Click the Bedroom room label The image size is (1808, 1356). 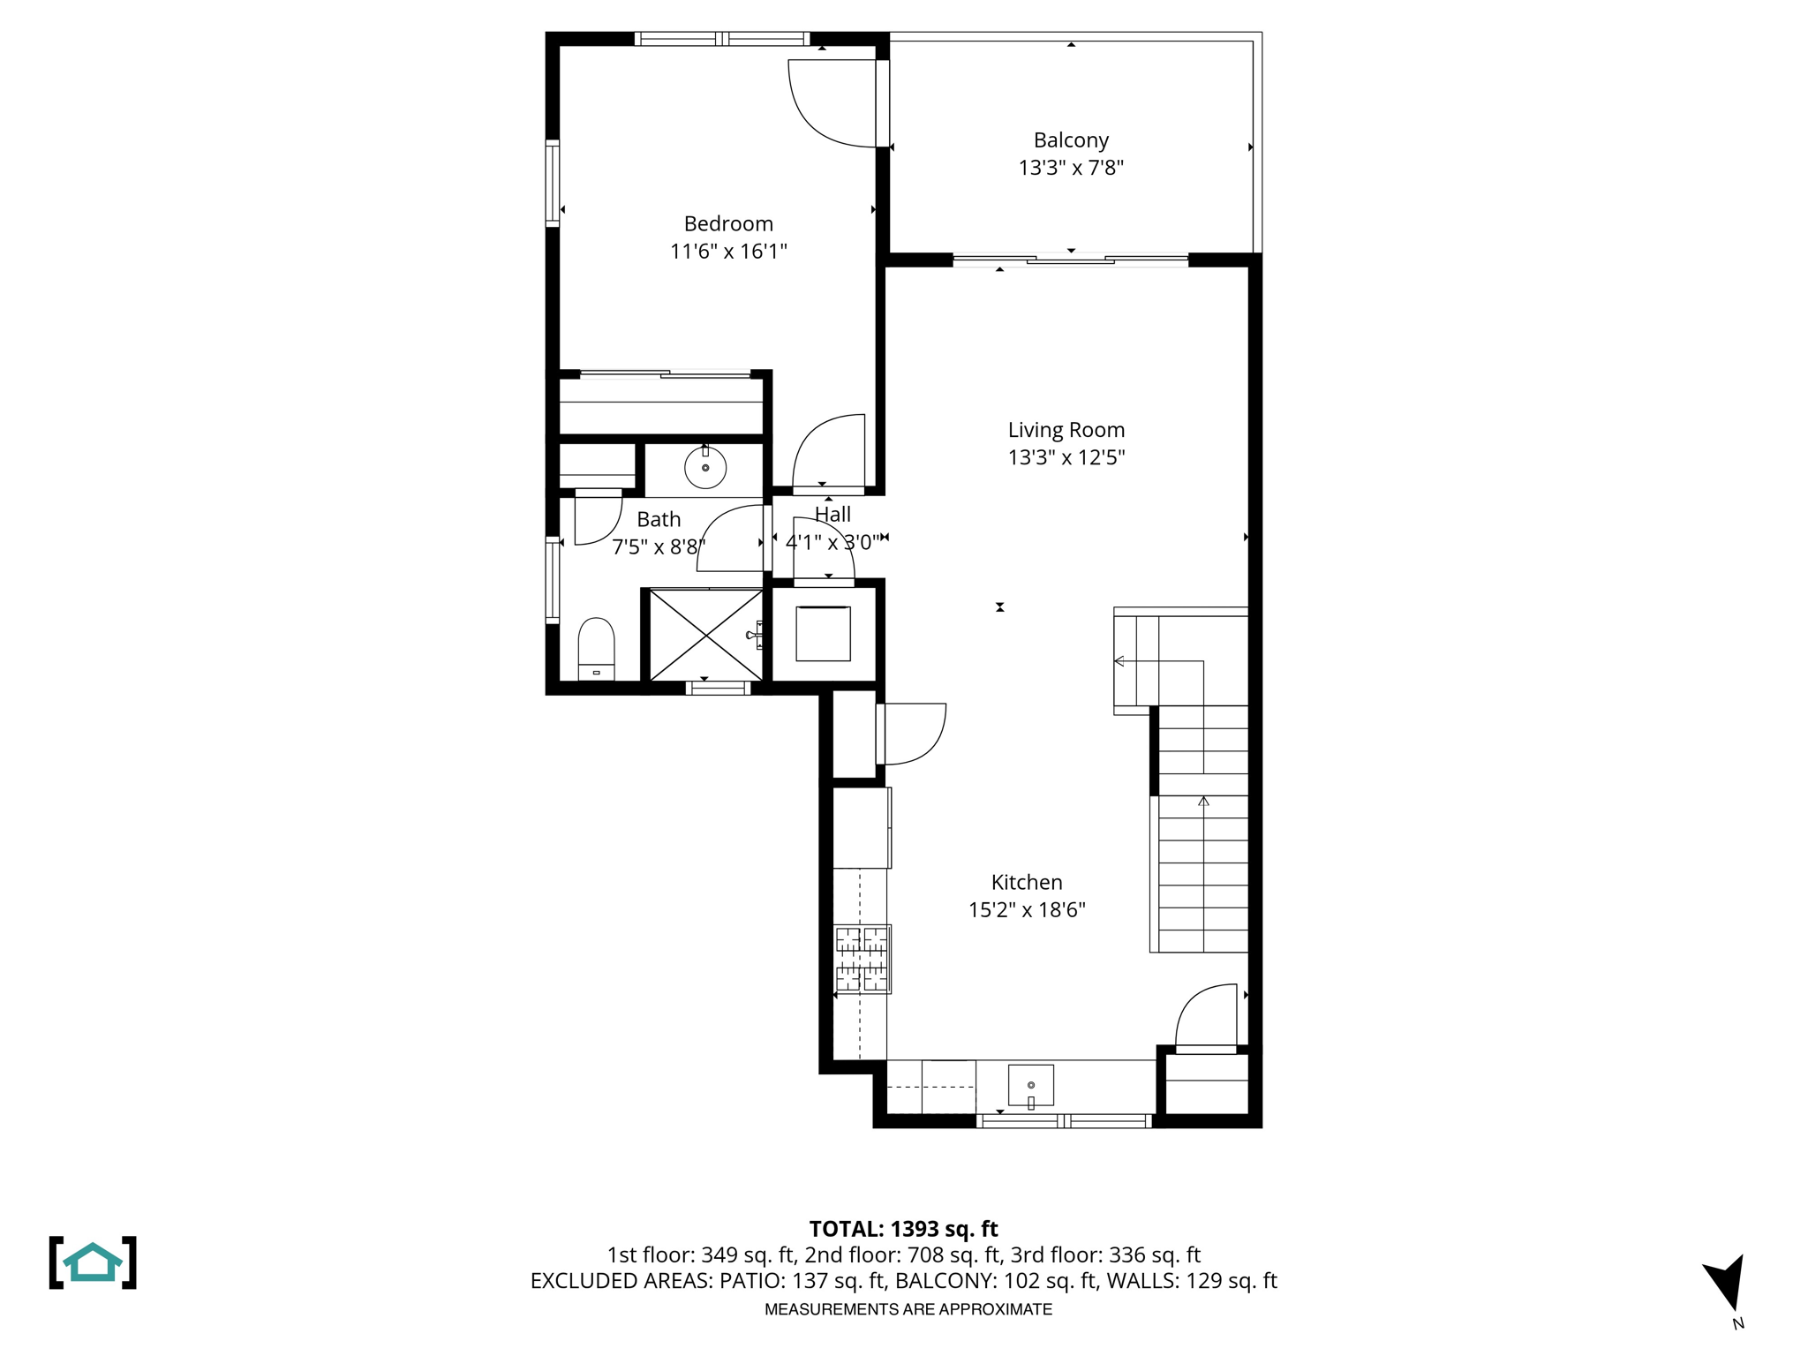pos(728,223)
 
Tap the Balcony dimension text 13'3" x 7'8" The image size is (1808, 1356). pos(1071,168)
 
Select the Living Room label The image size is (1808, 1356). pos(1066,430)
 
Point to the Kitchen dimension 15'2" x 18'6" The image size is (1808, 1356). pos(1027,910)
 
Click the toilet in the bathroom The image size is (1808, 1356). pos(596,647)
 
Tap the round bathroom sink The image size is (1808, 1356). pos(705,467)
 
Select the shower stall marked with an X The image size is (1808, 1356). pos(706,635)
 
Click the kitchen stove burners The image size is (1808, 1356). pos(862,959)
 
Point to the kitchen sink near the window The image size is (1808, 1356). pos(1031,1085)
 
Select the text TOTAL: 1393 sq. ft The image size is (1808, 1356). pos(903,1229)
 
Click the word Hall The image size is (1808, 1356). pos(832,515)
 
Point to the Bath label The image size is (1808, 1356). pos(659,519)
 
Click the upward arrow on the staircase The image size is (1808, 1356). pos(1203,802)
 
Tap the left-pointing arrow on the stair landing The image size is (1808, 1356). pos(1119,660)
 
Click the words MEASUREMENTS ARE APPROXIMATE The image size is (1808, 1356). pos(908,1309)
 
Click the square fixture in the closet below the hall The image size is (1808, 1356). pos(823,633)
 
